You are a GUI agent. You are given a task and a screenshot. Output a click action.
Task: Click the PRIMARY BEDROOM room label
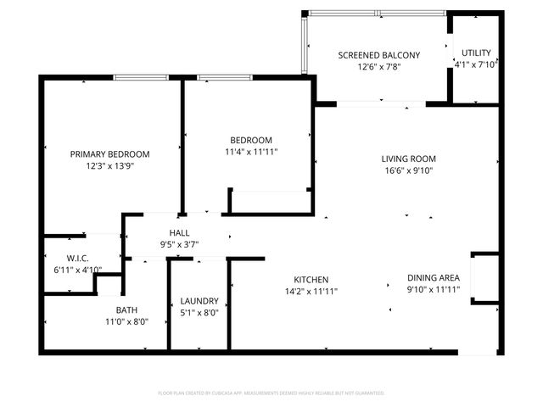pos(109,153)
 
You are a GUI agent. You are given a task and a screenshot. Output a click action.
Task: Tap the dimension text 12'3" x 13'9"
pos(109,166)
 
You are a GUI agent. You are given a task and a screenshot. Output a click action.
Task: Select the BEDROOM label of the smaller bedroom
pos(251,140)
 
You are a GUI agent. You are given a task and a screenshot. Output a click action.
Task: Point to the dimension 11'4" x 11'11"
pos(251,153)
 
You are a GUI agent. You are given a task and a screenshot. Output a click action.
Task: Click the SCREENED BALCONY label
pos(378,55)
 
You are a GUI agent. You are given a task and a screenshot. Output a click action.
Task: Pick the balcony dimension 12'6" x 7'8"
pos(378,68)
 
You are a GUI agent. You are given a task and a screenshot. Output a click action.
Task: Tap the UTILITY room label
pos(475,52)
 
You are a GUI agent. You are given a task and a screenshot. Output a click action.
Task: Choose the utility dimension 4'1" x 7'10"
pos(475,64)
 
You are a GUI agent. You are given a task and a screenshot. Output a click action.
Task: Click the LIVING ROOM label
pos(408,159)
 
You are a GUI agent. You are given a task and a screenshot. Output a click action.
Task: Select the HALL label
pos(179,232)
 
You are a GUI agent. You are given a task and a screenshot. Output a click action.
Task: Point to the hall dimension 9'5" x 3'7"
pos(179,245)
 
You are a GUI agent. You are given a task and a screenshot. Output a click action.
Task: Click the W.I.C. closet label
pos(78,259)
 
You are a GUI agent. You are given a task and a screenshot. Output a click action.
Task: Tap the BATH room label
pos(126,309)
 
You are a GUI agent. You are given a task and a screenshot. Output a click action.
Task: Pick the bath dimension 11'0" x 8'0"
pos(126,322)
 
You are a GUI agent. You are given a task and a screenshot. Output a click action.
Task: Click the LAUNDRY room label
pos(199,301)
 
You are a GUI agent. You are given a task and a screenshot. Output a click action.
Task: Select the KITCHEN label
pos(311,279)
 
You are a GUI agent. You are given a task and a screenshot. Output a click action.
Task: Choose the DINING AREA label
pos(434,277)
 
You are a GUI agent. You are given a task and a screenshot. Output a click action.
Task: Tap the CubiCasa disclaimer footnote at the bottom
pos(271,393)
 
